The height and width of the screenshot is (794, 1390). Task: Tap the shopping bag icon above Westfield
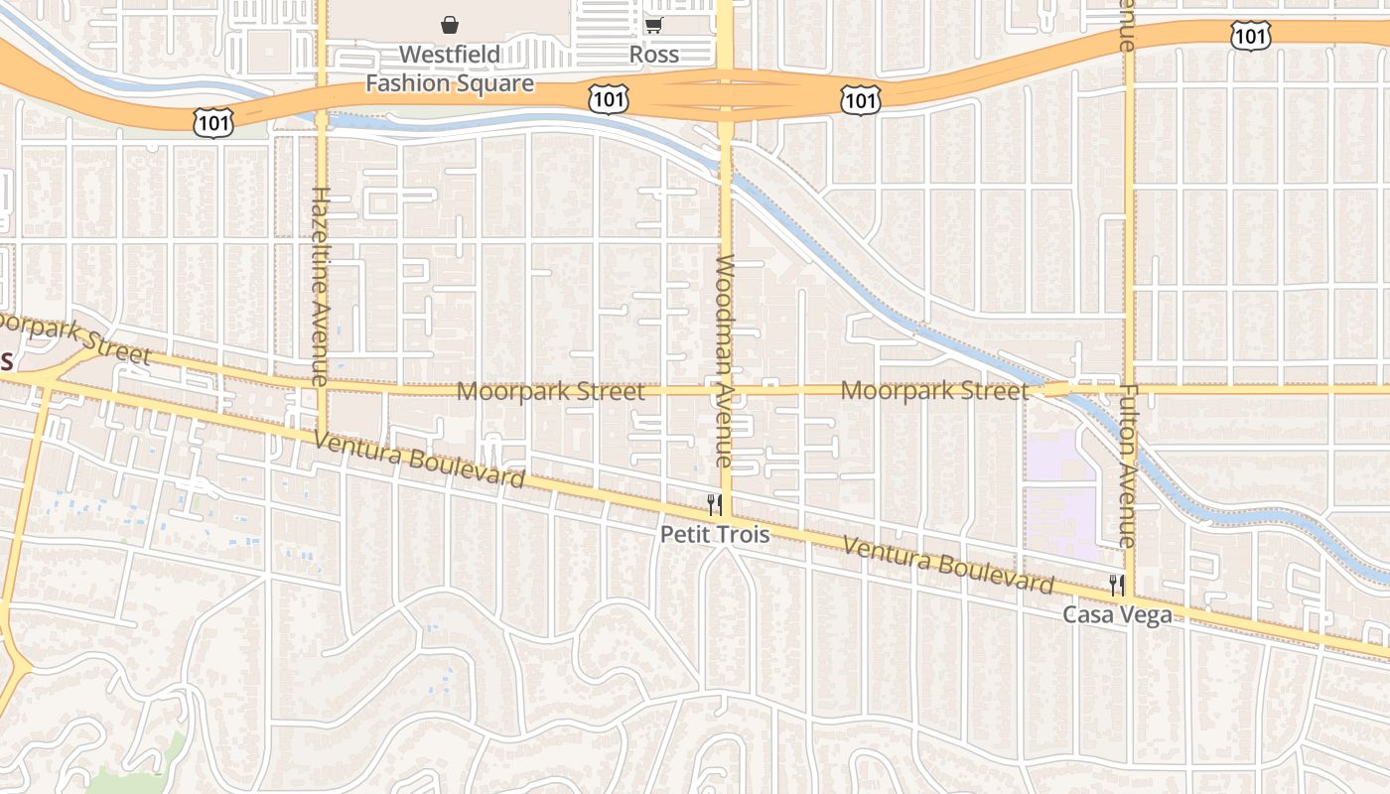pyautogui.click(x=450, y=25)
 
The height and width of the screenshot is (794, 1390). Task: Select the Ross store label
pyautogui.click(x=654, y=55)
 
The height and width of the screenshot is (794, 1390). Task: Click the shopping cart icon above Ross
pyautogui.click(x=653, y=25)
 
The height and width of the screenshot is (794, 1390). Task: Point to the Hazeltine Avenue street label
pyautogui.click(x=320, y=286)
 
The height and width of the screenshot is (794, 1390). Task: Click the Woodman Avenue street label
pyautogui.click(x=724, y=361)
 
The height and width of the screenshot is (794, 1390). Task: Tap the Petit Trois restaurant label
pyautogui.click(x=715, y=534)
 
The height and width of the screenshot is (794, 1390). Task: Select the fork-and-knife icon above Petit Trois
pyautogui.click(x=714, y=504)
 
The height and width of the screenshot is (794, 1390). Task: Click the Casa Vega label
pyautogui.click(x=1117, y=615)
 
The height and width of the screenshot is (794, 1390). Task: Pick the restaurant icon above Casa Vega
pyautogui.click(x=1117, y=586)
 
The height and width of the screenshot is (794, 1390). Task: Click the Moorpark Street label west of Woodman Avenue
pyautogui.click(x=550, y=391)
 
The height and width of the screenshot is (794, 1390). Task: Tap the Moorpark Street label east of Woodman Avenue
pyautogui.click(x=934, y=390)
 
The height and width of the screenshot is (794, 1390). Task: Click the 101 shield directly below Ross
pyautogui.click(x=607, y=97)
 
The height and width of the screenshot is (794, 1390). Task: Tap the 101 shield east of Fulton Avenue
pyautogui.click(x=1249, y=37)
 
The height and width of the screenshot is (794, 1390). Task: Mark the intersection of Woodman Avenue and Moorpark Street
pyautogui.click(x=725, y=390)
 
